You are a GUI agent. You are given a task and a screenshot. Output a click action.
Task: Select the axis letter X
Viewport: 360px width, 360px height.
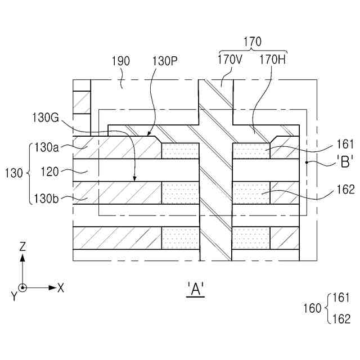[61, 287]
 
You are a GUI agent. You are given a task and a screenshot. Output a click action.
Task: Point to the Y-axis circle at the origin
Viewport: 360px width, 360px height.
[22, 287]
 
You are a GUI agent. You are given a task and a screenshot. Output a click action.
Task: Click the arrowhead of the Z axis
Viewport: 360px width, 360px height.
[22, 257]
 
